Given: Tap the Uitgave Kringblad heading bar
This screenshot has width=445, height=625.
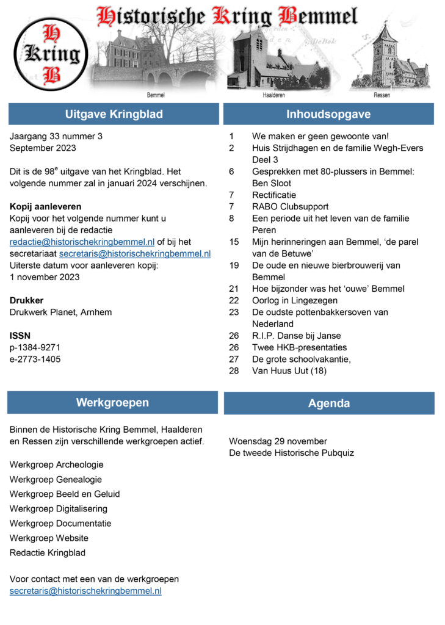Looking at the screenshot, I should [x=114, y=114].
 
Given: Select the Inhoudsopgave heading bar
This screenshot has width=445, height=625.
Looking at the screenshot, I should [x=328, y=114].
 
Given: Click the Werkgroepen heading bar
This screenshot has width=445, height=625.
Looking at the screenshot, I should [x=112, y=402].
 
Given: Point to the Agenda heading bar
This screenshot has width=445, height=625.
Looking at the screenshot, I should [x=329, y=403].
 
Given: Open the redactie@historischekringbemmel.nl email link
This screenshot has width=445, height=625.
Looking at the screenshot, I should [x=82, y=242].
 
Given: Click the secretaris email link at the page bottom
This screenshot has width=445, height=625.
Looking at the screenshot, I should [x=85, y=591].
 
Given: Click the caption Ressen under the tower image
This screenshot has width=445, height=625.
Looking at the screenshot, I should [x=382, y=96].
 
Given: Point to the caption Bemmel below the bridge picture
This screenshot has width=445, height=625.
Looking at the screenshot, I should [x=156, y=96].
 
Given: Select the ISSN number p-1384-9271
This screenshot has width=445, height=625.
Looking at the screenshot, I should [x=35, y=347].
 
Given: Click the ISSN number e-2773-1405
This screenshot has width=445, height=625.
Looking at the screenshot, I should [x=35, y=359].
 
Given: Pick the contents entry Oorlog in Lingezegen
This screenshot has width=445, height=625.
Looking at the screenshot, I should [x=295, y=300].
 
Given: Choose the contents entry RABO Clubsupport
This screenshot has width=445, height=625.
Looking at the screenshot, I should [x=291, y=206].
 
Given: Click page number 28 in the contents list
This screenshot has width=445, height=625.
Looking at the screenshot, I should [x=234, y=370].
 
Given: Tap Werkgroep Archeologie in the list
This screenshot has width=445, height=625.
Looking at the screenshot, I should [x=57, y=464].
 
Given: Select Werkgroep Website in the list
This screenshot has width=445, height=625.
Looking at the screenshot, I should [x=49, y=538].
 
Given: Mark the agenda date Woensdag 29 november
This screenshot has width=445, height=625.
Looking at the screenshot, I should [x=278, y=441].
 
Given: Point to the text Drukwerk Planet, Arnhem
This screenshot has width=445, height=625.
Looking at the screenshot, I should [x=61, y=312].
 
